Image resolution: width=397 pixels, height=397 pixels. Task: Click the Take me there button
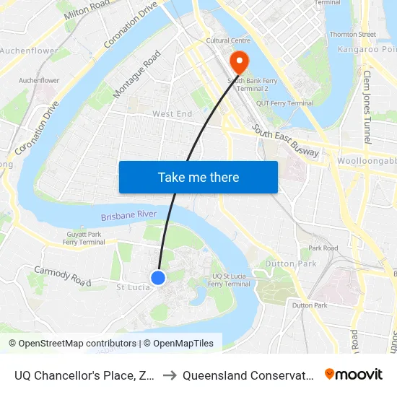click(198, 177)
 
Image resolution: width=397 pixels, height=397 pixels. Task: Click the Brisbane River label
click(128, 216)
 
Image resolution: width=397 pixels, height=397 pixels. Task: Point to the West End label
click(173, 114)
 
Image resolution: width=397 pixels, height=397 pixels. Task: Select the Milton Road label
click(87, 12)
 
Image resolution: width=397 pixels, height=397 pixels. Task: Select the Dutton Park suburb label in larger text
click(290, 264)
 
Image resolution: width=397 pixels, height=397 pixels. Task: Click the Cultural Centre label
click(227, 41)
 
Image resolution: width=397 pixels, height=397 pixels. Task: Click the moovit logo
click(354, 374)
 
